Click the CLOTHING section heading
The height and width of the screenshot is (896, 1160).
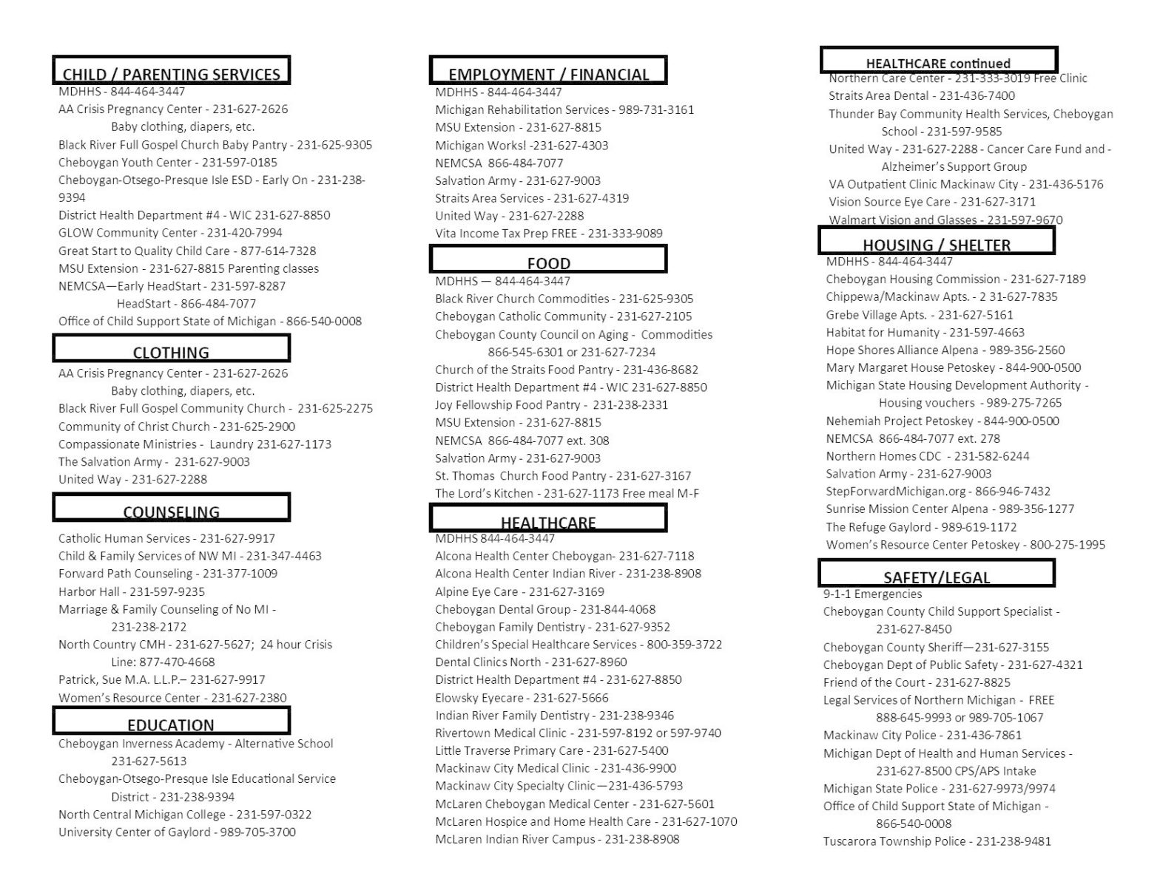171,352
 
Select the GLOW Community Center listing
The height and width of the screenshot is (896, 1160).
170,233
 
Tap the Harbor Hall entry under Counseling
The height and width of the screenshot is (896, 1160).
132,591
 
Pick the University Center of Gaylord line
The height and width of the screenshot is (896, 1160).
177,832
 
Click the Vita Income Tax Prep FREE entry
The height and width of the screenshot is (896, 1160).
548,234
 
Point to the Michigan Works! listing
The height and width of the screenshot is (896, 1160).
522,146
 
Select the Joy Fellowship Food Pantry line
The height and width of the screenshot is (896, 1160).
551,405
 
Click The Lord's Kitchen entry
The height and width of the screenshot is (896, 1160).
567,494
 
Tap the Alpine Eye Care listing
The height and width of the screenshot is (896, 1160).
519,591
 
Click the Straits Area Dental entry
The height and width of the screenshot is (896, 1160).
921,96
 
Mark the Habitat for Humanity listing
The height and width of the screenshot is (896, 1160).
925,333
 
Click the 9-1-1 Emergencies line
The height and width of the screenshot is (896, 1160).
872,594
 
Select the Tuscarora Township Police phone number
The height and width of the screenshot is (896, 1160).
1013,841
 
